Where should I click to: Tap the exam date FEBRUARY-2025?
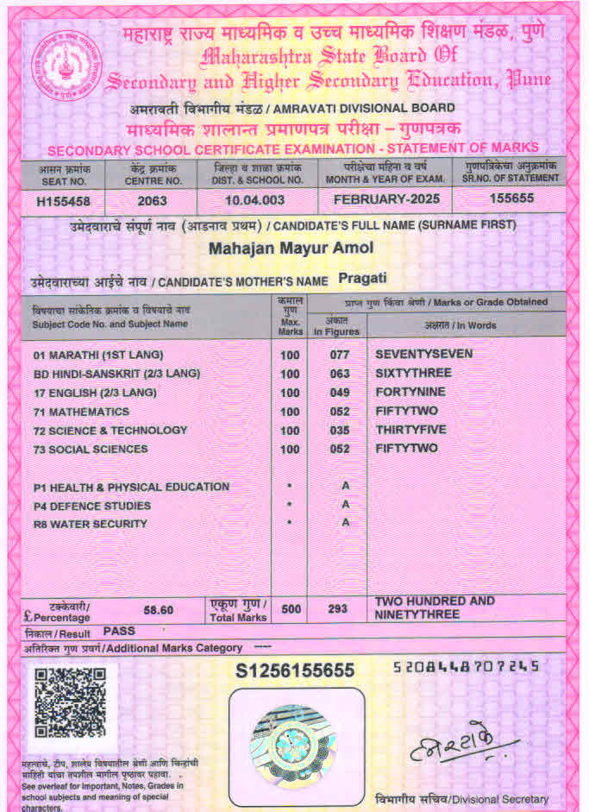point(385,199)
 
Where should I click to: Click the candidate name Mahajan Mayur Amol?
point(291,249)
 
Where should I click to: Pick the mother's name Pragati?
point(363,278)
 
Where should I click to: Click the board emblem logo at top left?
point(66,66)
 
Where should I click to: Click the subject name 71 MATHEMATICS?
point(81,412)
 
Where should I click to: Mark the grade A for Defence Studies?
point(345,505)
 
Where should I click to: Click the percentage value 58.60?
point(158,610)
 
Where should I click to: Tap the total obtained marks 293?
point(338,609)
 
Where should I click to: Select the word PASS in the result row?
point(120,632)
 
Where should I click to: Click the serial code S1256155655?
point(295,670)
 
